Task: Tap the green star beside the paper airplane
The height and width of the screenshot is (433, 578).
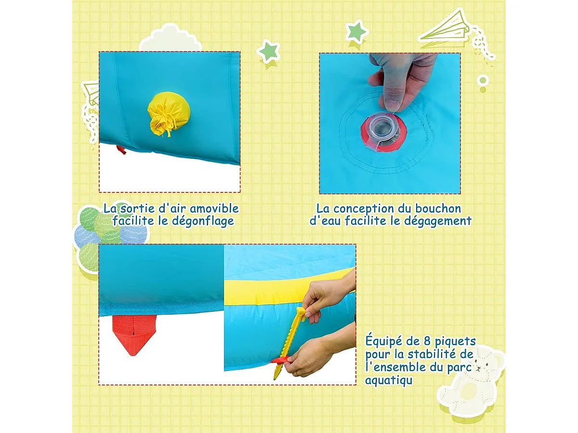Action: tap(356, 32)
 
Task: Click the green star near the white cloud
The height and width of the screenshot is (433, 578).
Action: tap(268, 51)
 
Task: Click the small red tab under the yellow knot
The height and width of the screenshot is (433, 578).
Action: tap(121, 150)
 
